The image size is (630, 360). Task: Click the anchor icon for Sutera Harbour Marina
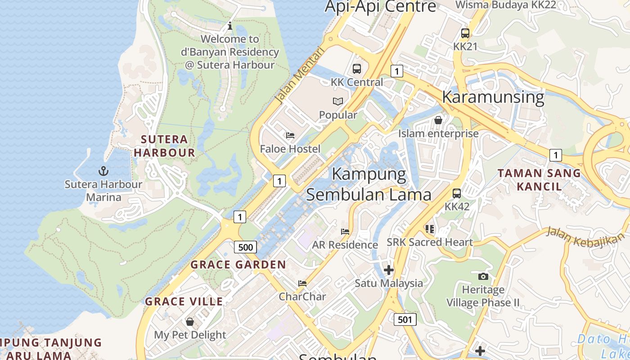[103, 171]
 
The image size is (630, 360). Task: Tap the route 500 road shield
[245, 247]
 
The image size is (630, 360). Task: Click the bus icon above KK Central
[356, 69]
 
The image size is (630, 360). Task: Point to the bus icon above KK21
[465, 33]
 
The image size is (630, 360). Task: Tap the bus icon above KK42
[456, 193]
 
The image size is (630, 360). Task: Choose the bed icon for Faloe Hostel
[290, 135]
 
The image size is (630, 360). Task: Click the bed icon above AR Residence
[345, 231]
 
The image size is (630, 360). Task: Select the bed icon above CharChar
[302, 283]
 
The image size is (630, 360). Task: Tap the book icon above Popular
[338, 101]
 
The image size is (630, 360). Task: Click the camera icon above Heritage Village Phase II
[483, 276]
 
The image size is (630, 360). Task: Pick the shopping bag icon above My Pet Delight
[190, 321]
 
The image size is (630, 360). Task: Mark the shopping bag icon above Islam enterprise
[438, 120]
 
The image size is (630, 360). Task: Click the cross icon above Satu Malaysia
[388, 270]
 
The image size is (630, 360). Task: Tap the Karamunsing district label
[493, 97]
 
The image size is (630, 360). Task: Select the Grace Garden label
[238, 265]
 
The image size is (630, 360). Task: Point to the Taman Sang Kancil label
[539, 180]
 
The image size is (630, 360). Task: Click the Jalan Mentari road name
[299, 76]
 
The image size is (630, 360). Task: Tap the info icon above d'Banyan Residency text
[230, 26]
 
